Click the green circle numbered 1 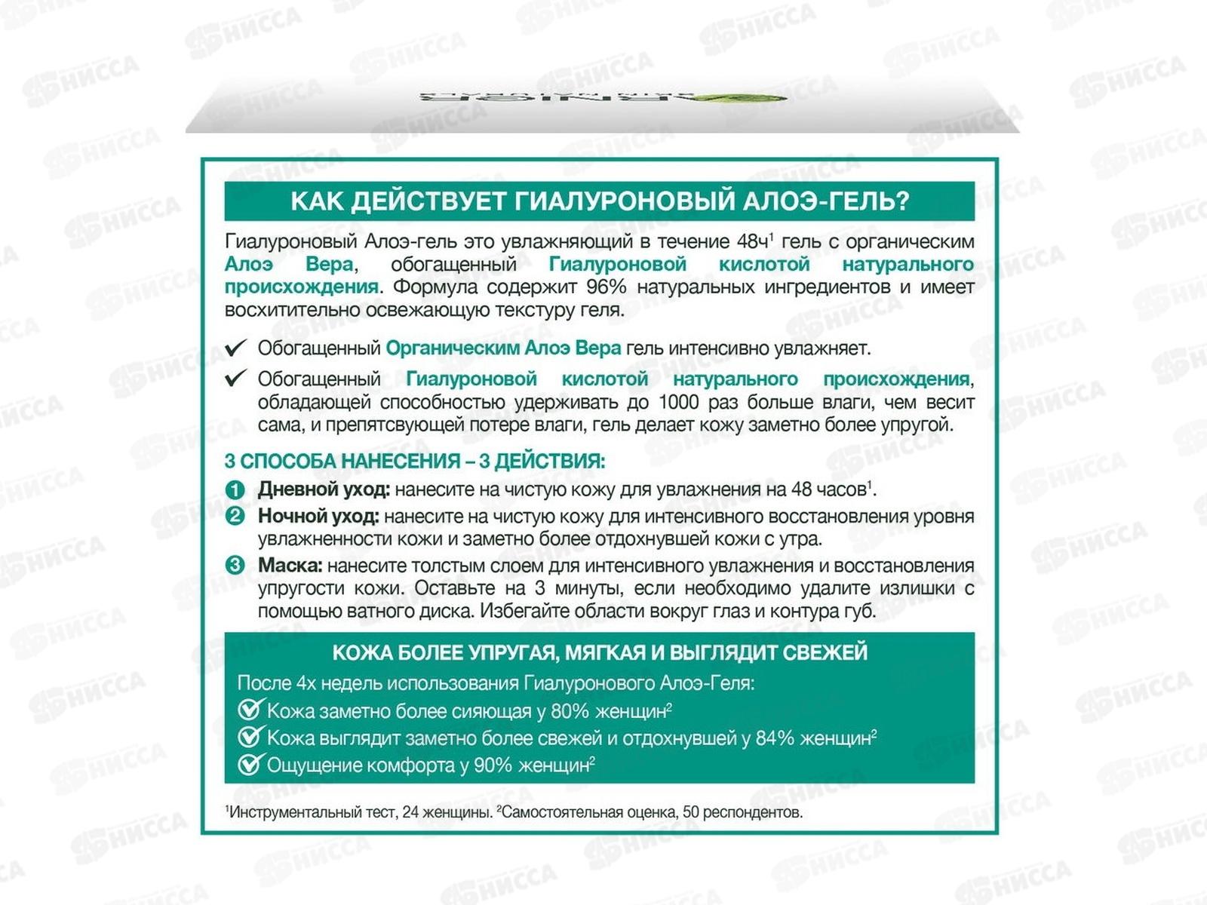point(235,490)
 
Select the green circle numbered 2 point(235,517)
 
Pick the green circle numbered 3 point(235,566)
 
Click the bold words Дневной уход point(324,489)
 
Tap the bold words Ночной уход point(318,517)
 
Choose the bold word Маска point(290,566)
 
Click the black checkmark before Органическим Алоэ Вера point(236,348)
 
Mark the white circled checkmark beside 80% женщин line point(250,710)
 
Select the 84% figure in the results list point(775,738)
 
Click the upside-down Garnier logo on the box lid point(603,98)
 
